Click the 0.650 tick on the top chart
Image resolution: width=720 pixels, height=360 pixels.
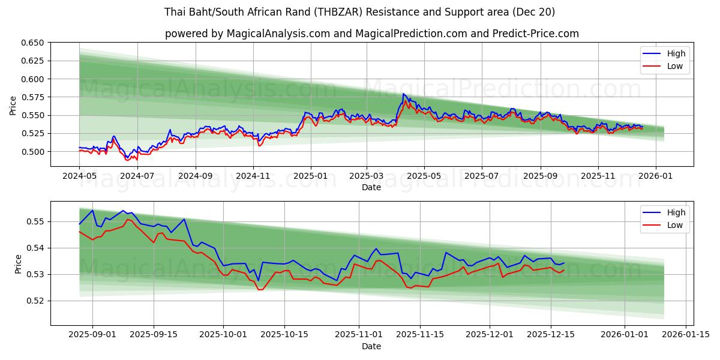33,43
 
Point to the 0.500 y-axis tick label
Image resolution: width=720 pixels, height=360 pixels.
33,151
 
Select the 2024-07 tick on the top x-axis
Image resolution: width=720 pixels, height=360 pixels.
137,176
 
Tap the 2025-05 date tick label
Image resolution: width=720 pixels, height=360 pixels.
424,176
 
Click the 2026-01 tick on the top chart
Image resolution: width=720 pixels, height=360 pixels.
655,176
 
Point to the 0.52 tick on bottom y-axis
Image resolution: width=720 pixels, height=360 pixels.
37,301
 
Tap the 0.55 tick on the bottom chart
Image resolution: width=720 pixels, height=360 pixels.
37,221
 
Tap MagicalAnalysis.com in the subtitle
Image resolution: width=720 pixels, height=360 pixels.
278,34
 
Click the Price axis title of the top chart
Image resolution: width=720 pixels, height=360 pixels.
13,105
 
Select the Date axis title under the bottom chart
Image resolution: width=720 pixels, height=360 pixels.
371,346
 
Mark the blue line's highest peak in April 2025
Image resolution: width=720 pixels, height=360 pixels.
404,94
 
